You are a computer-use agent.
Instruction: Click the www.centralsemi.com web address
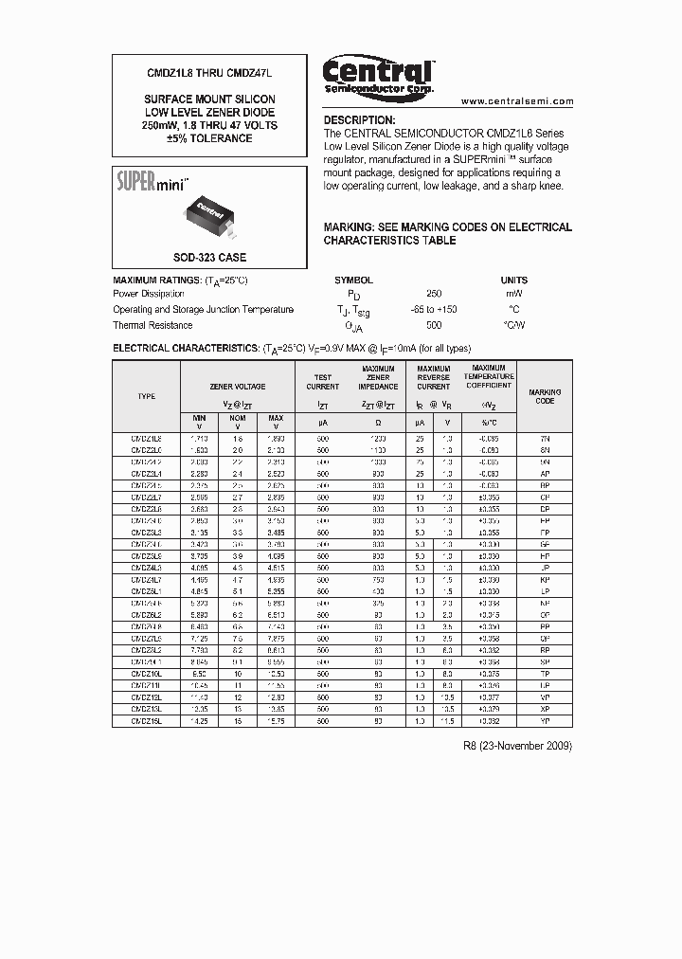coord(517,100)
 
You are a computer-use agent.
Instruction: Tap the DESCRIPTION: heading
coord(359,120)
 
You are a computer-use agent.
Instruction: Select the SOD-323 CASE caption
coord(209,257)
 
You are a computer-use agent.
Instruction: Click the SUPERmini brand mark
coord(152,181)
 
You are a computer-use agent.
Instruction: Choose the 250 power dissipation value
coord(434,294)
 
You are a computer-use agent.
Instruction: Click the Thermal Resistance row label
coord(153,325)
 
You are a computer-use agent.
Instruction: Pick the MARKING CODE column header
coord(544,396)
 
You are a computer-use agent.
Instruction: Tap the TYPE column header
coord(146,396)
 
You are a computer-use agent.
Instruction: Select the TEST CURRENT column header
coord(322,382)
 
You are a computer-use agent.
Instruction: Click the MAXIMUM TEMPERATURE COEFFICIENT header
coord(489,377)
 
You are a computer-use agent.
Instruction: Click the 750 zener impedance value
coord(378,578)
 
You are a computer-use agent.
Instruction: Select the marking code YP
coord(544,721)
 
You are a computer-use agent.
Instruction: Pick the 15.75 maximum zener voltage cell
coord(276,721)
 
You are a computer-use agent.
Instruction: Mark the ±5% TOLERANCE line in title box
coord(209,138)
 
